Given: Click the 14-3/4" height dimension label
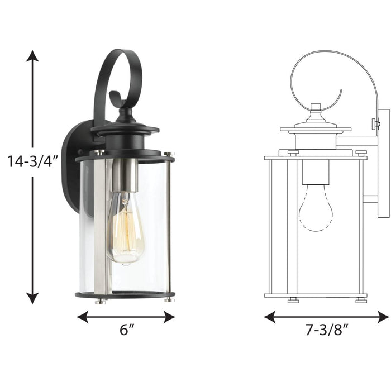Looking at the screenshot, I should (x=32, y=161).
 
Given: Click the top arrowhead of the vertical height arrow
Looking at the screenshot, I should (x=33, y=56).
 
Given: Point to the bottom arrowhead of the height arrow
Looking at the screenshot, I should (x=33, y=298).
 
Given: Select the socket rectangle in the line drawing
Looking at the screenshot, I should (x=316, y=173).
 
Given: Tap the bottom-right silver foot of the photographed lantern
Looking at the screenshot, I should (x=169, y=300).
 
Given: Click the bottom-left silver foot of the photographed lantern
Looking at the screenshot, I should (x=100, y=301).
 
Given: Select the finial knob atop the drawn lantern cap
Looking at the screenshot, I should (x=316, y=107).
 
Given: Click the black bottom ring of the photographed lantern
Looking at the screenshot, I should (x=124, y=295).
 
